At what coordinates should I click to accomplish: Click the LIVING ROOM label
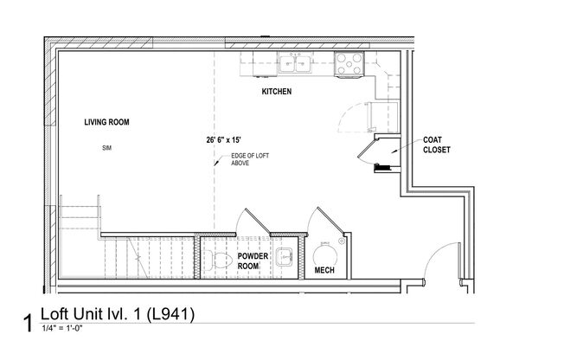106,123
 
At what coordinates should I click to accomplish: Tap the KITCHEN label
276,91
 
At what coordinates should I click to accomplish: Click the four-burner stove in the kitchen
349,63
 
